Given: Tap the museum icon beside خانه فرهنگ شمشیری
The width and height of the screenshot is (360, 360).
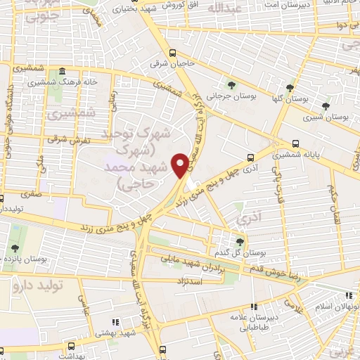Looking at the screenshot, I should pos(63,72).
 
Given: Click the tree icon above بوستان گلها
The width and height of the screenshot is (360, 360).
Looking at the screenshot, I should pos(290,88).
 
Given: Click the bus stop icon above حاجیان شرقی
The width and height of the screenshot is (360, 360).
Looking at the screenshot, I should pos(172,53).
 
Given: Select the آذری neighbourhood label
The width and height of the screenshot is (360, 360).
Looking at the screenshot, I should pos(247,219).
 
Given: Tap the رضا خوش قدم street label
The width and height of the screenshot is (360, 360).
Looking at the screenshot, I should pos(293,273).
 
